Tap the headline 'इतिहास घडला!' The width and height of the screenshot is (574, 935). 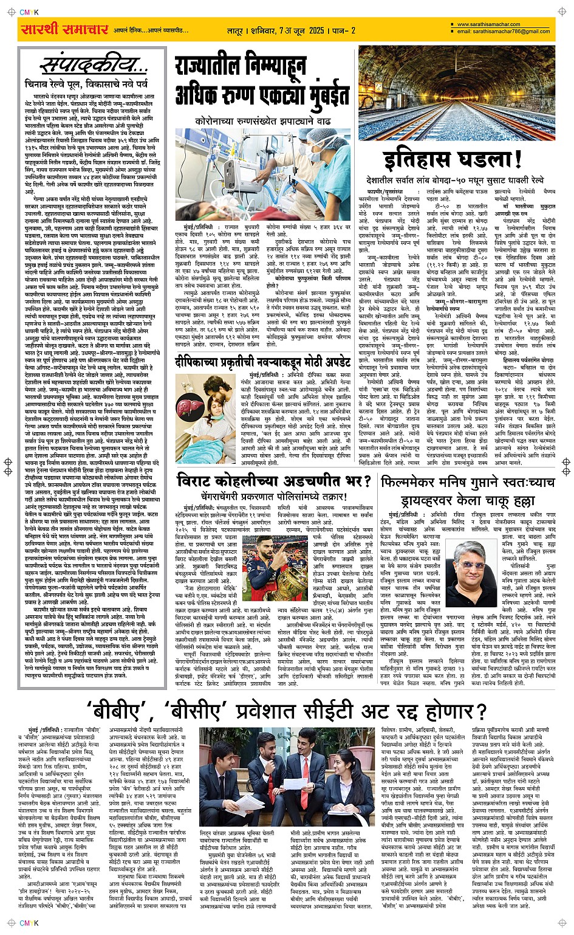pos(453,159)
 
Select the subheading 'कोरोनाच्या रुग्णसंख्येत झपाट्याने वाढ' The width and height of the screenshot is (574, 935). pos(262,121)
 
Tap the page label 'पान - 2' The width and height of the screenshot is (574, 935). pos(344,30)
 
